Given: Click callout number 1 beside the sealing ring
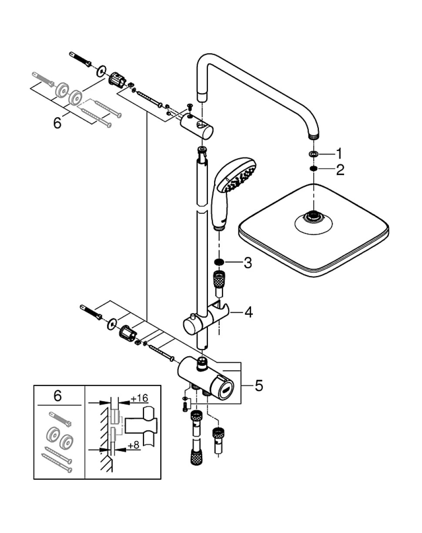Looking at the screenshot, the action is coord(339,154).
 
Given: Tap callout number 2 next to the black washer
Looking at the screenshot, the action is coord(340,170).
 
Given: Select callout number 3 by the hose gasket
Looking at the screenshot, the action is coord(248,263).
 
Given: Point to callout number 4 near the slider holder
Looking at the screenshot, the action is coord(248,312).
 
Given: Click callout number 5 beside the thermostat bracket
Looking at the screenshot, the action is coord(259,385).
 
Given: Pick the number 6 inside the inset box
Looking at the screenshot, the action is coord(57,396).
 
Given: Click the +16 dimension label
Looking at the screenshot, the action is coord(139,398).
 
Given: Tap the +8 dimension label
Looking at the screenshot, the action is coord(134,445).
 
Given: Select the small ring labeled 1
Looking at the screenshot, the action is coord(313,154).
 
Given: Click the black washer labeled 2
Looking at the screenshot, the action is coord(313,169).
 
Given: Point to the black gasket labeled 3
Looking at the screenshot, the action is coord(219,262).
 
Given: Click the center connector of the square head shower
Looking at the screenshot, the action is coord(314,216).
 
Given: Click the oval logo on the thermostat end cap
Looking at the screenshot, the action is coord(225,390).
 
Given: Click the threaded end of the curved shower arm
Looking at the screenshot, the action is coord(314,137).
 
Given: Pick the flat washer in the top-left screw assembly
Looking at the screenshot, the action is coord(101,71).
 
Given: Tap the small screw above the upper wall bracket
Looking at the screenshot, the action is coord(190,107).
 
